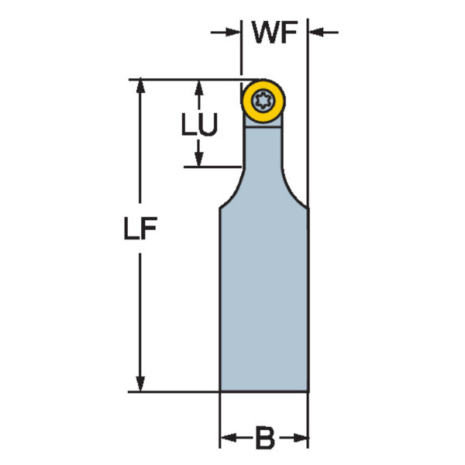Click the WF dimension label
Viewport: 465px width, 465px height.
[x=274, y=33]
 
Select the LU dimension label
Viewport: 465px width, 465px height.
[x=199, y=124]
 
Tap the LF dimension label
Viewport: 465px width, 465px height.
[x=140, y=228]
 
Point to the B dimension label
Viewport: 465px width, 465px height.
[x=265, y=437]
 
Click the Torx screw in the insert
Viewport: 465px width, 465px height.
[x=263, y=101]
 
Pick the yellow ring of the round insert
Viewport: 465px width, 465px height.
[x=263, y=101]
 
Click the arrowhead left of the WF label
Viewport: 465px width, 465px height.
[x=232, y=32]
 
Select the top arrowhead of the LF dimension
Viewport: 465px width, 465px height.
[x=140, y=87]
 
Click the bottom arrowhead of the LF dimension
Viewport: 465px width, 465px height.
[x=140, y=384]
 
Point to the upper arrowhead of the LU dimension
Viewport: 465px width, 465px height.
[x=199, y=87]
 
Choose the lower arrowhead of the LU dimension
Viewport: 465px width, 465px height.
[x=199, y=159]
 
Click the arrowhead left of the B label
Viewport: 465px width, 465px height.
[x=229, y=437]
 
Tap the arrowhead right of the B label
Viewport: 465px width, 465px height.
[x=300, y=437]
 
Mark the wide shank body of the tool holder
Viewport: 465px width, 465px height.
[x=264, y=299]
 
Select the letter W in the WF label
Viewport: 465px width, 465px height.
[x=264, y=33]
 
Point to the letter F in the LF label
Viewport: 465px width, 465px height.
[x=149, y=228]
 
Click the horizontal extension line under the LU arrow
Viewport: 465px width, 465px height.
[x=212, y=167]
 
